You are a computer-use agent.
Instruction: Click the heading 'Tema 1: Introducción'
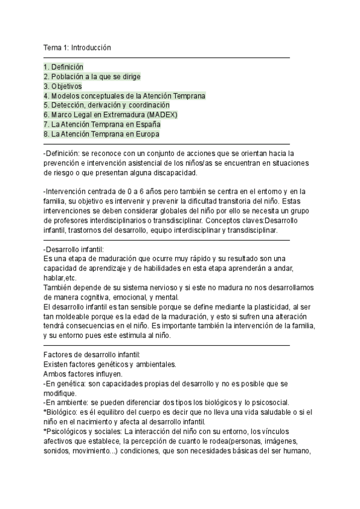77,47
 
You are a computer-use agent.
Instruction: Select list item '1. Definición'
64,67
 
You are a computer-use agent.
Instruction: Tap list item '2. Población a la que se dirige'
92,77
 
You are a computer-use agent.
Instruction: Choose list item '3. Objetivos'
63,86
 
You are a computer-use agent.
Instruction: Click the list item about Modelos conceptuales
124,96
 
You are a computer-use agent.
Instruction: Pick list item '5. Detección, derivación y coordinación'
111,106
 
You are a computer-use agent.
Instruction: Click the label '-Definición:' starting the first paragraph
62,154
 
